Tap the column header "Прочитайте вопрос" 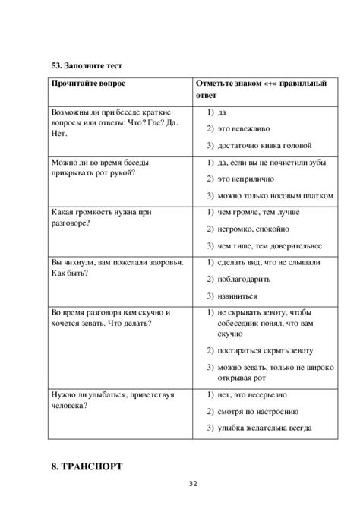click(x=90, y=84)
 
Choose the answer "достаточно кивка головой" click(x=264, y=146)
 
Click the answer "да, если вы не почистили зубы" click(x=269, y=163)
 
